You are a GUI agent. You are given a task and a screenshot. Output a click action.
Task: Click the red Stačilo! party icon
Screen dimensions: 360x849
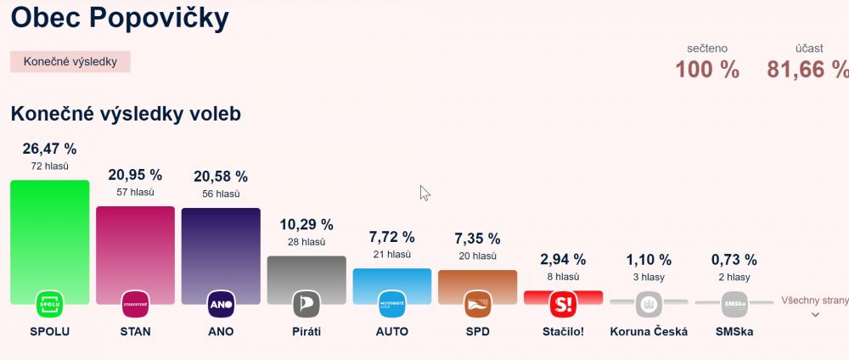563,304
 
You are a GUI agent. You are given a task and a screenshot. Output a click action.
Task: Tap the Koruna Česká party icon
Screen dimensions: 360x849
649,304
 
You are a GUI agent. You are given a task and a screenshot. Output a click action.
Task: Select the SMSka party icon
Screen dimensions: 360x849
734,304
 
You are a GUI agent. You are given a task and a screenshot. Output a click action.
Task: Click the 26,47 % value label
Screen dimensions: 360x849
49,149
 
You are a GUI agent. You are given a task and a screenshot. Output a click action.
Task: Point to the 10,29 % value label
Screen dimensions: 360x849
306,225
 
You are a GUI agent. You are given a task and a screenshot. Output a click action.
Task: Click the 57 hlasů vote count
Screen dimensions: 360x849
135,193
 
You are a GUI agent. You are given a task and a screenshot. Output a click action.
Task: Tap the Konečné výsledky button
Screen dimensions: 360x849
70,62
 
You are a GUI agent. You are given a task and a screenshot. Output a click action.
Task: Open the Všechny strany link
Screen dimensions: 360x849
814,301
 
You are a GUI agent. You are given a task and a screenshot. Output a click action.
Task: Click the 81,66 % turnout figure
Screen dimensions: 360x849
807,70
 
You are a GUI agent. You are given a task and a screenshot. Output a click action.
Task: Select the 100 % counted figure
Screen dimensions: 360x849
707,70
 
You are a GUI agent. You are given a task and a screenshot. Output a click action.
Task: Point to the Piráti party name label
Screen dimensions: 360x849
306,331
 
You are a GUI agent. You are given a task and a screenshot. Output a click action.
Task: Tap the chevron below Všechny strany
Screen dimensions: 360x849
815,315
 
